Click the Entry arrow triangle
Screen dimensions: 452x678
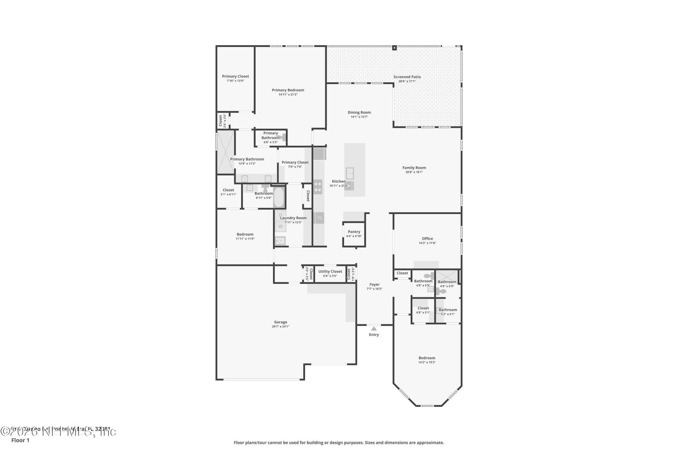click(374, 329)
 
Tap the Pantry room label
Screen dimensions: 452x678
click(354, 232)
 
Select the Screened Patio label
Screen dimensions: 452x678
click(407, 77)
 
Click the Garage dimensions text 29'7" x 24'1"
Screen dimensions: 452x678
click(280, 327)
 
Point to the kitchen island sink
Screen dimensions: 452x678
click(350, 173)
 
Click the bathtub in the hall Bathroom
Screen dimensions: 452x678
click(279, 197)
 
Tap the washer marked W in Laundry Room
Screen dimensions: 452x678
click(280, 226)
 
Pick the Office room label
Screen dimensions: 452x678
click(427, 238)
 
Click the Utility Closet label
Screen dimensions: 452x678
click(330, 272)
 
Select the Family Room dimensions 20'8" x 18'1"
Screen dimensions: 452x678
click(414, 172)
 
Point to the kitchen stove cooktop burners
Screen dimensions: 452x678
click(318, 186)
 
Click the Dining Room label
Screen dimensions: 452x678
click(359, 112)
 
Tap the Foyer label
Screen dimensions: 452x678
click(374, 284)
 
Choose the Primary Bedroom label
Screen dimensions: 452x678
click(288, 90)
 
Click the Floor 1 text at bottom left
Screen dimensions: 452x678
click(20, 440)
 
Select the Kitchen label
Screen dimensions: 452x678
click(339, 181)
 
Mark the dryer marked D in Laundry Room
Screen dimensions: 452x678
click(280, 215)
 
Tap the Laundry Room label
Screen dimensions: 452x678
click(293, 218)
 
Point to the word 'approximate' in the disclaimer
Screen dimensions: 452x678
click(431, 442)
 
